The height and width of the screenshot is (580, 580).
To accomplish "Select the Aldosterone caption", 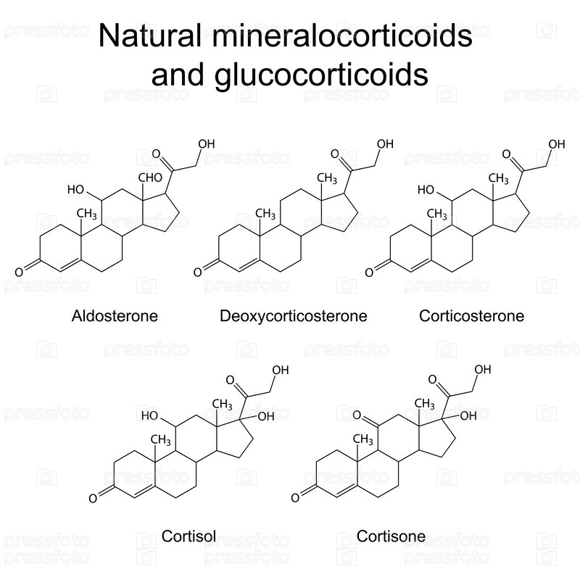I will (x=115, y=316).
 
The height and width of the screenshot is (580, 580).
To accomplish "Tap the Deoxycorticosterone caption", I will (x=294, y=316).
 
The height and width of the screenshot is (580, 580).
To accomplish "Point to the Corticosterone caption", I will (x=471, y=316).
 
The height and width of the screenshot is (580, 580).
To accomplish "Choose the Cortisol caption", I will (x=189, y=537).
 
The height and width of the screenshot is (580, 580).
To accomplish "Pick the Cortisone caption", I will (x=391, y=537).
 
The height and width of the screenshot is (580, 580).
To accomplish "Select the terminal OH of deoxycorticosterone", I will (x=385, y=144).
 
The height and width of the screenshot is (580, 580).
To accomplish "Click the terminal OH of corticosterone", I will (x=557, y=144).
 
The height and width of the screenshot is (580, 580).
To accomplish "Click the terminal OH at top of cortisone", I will (x=482, y=370).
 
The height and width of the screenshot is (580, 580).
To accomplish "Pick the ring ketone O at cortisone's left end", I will (x=296, y=498).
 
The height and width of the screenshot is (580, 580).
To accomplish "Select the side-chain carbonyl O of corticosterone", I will (x=508, y=155).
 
